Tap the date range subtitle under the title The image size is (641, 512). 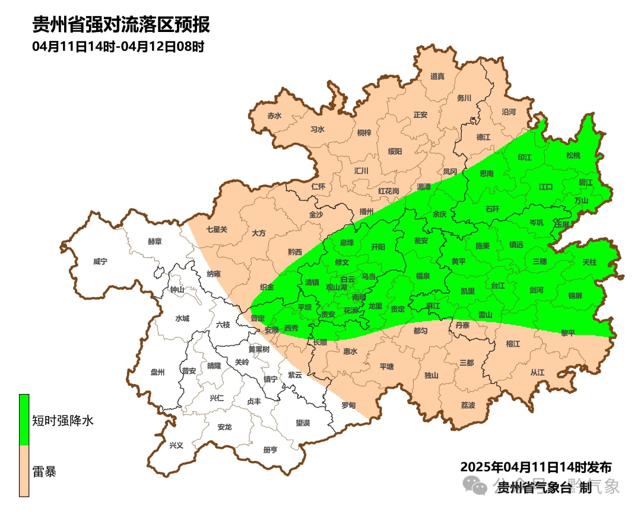point(118,46)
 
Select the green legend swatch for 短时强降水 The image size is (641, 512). point(24,420)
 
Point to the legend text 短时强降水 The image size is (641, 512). point(63,421)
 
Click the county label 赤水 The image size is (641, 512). point(274,116)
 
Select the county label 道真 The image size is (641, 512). point(437,76)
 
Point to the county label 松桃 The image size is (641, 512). point(573,155)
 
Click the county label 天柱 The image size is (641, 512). point(589,261)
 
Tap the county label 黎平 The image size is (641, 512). point(568,333)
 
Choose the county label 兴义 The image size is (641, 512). point(176,445)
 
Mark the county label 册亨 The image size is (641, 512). point(270,450)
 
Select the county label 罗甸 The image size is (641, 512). point(348,405)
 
